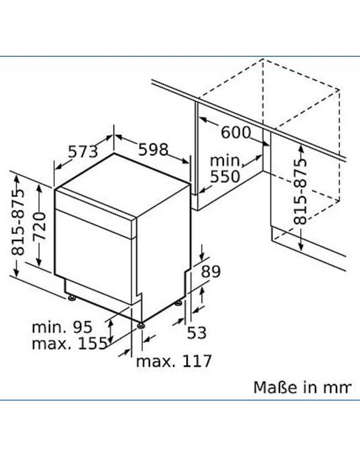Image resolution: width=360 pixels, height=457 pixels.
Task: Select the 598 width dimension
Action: pos(153,149)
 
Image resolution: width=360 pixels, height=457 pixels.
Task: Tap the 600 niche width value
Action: pos(236,132)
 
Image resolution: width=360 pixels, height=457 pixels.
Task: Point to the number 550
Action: pos(225,176)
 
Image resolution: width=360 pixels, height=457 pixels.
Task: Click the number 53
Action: pos(197,333)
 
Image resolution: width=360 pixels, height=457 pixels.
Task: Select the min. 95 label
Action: pos(62,327)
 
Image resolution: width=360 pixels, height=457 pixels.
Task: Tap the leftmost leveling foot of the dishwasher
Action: pos(71,298)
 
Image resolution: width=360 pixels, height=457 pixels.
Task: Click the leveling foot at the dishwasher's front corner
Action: pos(141,325)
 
